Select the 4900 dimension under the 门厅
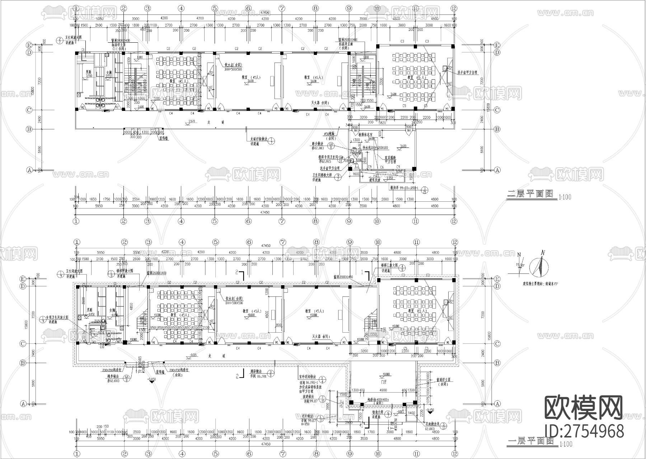[383, 390]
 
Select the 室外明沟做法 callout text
[308, 378]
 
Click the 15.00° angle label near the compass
[520, 265]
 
